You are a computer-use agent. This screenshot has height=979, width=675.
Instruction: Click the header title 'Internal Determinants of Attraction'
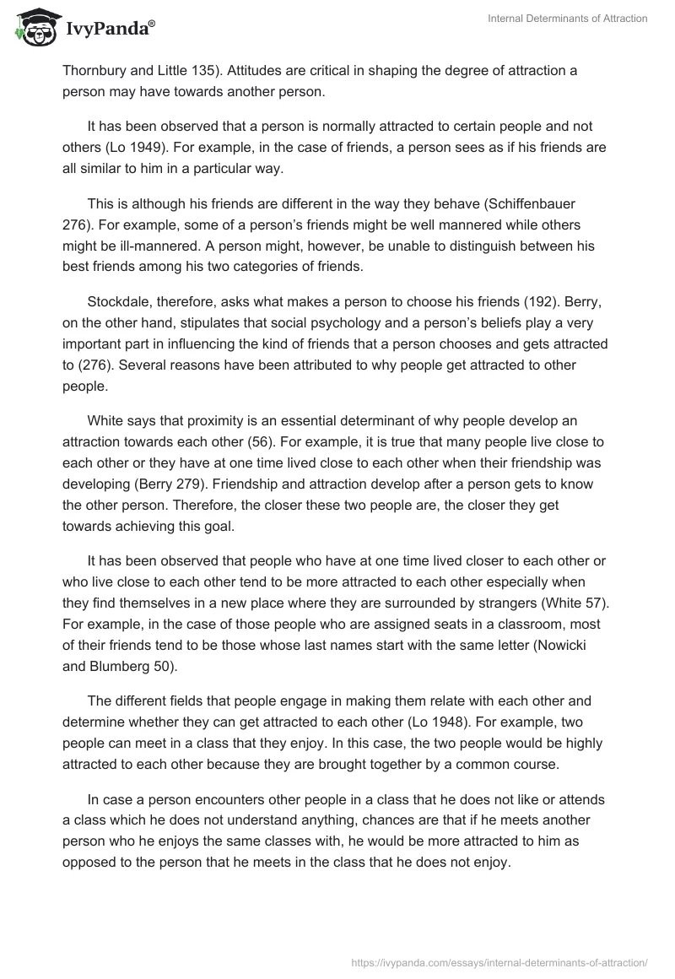click(x=568, y=19)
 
